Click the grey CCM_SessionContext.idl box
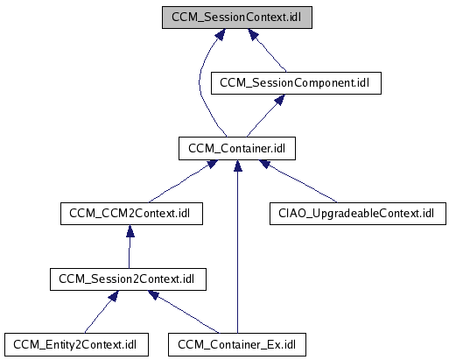237,18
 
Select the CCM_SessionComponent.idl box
296,83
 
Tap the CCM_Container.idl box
237,148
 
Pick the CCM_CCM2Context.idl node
131,214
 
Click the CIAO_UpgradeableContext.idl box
358,214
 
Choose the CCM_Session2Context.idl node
128,279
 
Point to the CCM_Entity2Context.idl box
76,344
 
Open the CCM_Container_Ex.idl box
237,344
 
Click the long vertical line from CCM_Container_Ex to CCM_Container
238,247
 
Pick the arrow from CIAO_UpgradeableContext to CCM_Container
300,182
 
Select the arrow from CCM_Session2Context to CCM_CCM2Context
130,247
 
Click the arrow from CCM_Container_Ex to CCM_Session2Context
183,311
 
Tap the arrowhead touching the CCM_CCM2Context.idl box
130,230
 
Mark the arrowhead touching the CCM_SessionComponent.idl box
280,99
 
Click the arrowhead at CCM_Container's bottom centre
238,166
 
